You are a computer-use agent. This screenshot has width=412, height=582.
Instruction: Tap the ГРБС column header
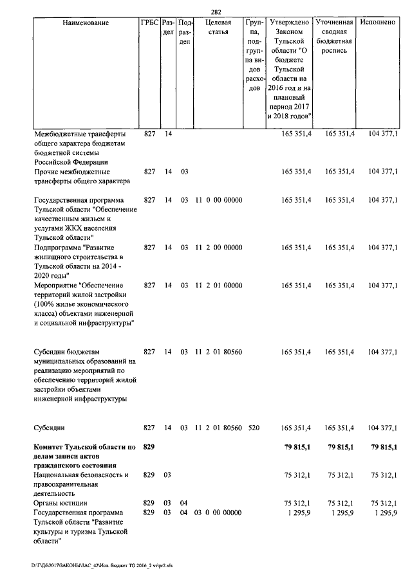[149, 23]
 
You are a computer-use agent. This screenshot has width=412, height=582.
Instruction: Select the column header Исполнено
[378, 23]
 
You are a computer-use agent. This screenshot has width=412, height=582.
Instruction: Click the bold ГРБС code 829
[149, 446]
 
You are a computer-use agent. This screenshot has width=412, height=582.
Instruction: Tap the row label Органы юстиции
[61, 502]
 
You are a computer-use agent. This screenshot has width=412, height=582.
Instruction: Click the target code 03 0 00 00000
[218, 512]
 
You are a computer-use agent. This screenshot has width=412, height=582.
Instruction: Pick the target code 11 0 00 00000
[218, 200]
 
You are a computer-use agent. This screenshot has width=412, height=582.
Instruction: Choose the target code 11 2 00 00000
[218, 247]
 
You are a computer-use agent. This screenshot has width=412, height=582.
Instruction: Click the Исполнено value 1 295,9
[383, 512]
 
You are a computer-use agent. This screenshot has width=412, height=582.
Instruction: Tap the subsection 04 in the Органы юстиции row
[183, 502]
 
